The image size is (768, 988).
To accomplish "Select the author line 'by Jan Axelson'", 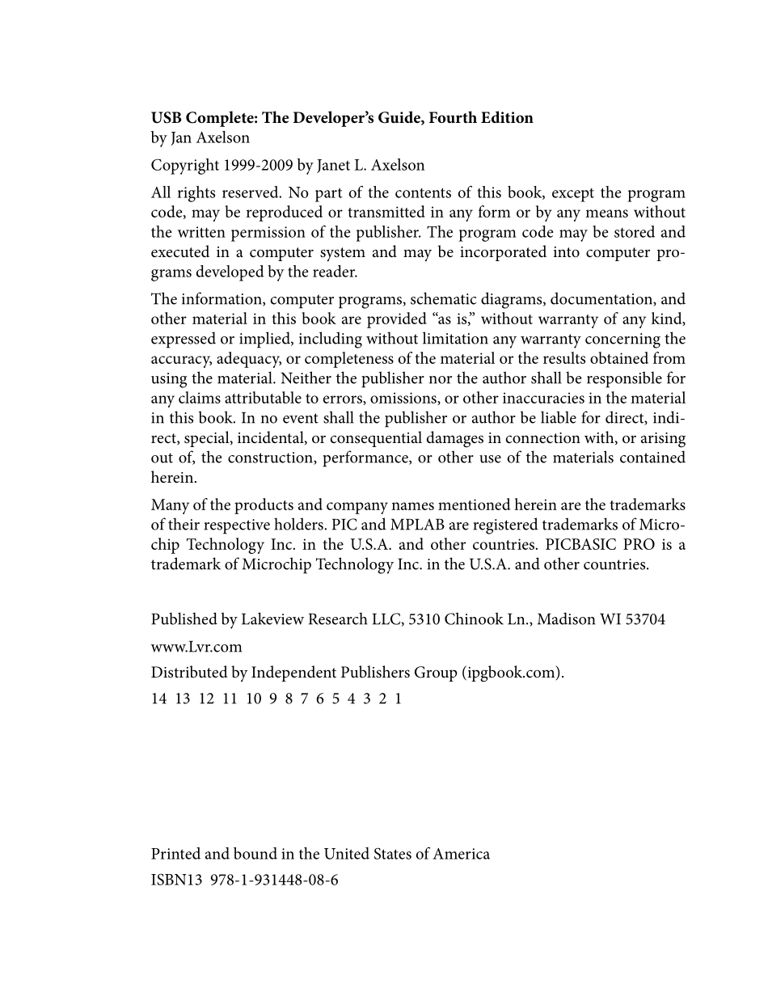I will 200,138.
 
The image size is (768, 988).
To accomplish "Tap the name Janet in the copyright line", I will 338,166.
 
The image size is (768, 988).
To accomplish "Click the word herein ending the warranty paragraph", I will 173,478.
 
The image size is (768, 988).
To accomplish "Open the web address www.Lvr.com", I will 196,647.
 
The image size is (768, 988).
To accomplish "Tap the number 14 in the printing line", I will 158,699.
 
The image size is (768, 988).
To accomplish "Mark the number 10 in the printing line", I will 254,699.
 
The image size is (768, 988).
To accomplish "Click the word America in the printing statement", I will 462,855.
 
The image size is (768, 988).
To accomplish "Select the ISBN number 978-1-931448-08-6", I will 274,880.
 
